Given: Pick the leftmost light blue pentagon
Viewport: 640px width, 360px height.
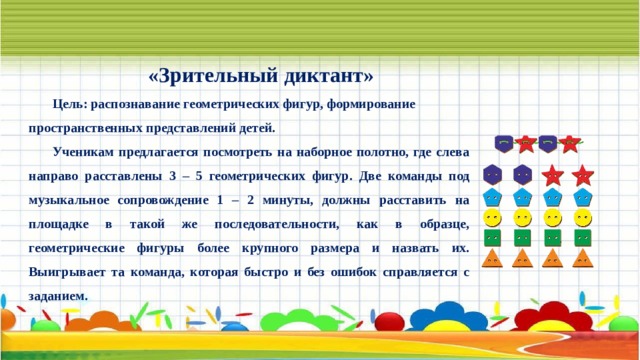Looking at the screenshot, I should point(492,196).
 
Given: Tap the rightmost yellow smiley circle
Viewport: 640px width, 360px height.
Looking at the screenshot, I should point(582,217).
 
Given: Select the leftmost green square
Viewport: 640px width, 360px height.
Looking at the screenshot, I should point(492,238).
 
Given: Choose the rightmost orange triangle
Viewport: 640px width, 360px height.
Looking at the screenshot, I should point(582,260).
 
